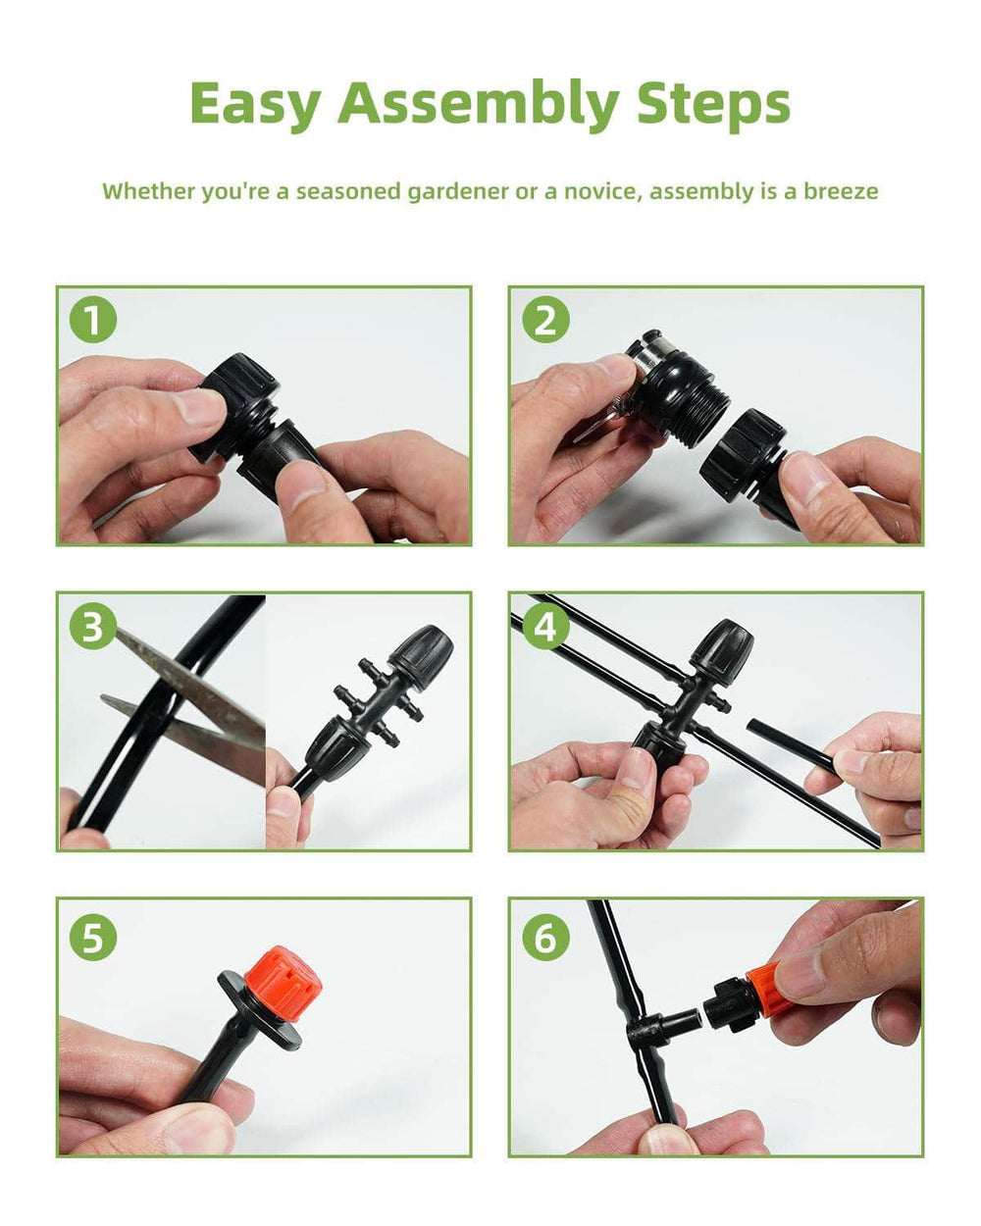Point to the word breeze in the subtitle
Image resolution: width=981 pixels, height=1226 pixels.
(841, 191)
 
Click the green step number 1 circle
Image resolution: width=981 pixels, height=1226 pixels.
(93, 319)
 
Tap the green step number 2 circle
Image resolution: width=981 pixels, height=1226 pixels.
(545, 319)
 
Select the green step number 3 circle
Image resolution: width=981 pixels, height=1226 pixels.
(93, 626)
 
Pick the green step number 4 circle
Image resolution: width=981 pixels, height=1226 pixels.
(545, 626)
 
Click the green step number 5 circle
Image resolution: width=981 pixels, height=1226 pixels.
(93, 938)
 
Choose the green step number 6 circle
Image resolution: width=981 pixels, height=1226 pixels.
(545, 938)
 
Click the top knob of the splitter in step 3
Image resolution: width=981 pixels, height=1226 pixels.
(421, 651)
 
